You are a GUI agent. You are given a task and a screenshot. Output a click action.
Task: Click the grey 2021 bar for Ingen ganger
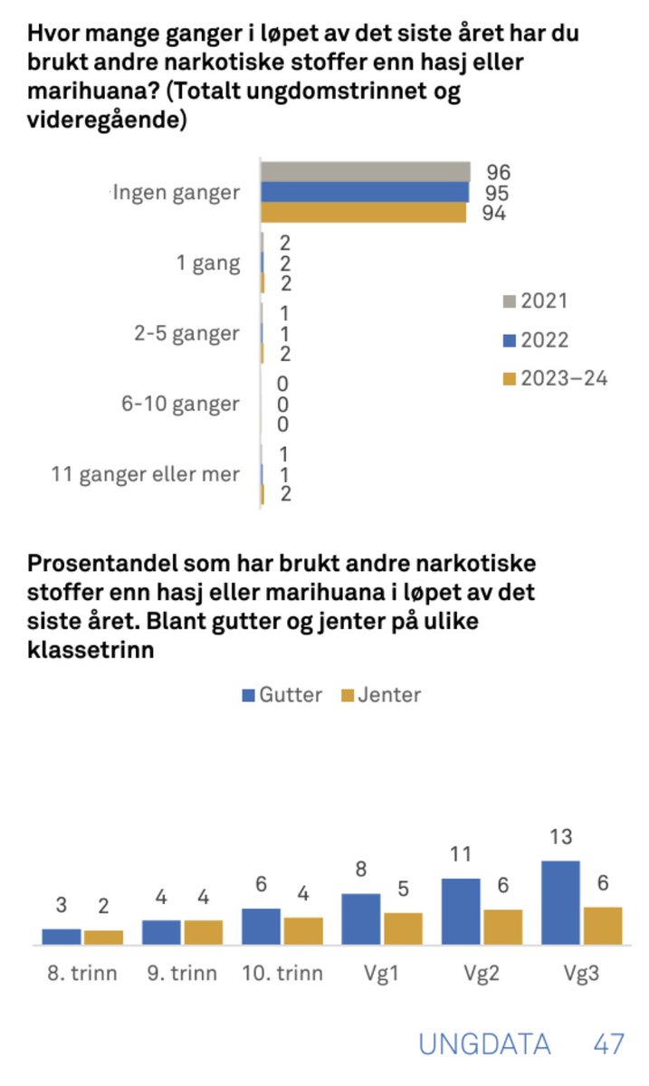[x=365, y=172]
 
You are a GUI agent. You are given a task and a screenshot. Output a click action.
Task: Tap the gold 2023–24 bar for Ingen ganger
[x=363, y=213]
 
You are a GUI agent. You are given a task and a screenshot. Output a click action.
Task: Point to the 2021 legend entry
[x=535, y=301]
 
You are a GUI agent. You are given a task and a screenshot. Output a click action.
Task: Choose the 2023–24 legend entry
[x=553, y=378]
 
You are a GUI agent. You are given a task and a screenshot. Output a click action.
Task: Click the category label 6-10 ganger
[x=180, y=404]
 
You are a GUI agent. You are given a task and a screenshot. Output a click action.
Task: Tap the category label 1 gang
[x=208, y=263]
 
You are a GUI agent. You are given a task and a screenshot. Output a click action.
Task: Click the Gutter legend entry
[x=281, y=695]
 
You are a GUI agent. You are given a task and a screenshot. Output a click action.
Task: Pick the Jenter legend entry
[x=379, y=695]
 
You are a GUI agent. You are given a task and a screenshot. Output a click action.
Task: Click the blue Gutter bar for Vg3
[x=560, y=902]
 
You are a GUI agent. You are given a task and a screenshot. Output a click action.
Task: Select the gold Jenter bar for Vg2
[x=502, y=927]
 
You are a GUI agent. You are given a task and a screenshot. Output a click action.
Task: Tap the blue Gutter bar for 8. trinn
[x=62, y=937]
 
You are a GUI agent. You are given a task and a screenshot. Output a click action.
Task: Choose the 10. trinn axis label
[x=282, y=974]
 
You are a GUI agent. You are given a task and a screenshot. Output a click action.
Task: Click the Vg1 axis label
[x=381, y=974]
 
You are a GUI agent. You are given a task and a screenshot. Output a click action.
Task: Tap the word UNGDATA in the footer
[x=484, y=1044]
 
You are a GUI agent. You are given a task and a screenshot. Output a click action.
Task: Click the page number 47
[x=608, y=1044]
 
